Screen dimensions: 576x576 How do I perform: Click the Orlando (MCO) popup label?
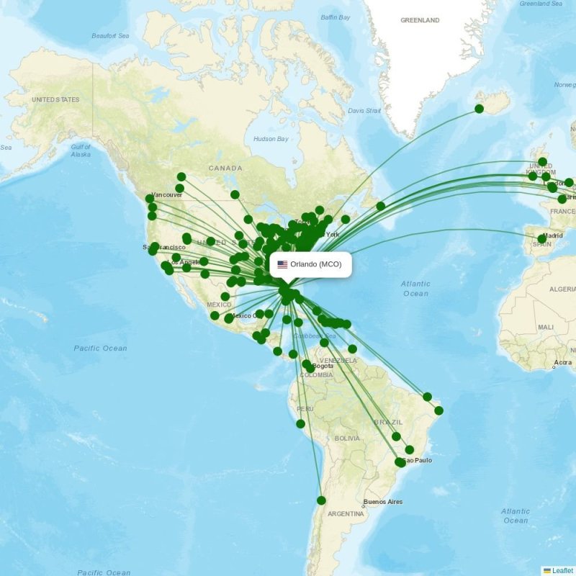pyautogui.click(x=316, y=264)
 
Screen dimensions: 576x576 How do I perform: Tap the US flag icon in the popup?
pyautogui.click(x=282, y=264)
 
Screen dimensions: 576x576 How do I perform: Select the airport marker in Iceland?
pyautogui.click(x=479, y=109)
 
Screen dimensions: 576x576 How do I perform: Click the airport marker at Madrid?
pyautogui.click(x=542, y=238)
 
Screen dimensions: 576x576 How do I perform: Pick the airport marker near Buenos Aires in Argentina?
pyautogui.click(x=321, y=500)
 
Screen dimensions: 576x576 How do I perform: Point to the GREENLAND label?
pyautogui.click(x=420, y=20)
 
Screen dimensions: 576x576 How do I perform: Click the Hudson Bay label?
pyautogui.click(x=271, y=139)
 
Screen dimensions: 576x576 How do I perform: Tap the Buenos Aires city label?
pyautogui.click(x=383, y=502)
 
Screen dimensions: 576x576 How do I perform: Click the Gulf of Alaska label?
pyautogui.click(x=81, y=150)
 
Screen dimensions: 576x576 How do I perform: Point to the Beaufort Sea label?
pyautogui.click(x=109, y=35)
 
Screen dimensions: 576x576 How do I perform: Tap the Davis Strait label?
pyautogui.click(x=364, y=111)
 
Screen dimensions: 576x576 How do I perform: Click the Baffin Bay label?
pyautogui.click(x=335, y=17)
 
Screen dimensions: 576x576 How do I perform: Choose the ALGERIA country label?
pyautogui.click(x=562, y=289)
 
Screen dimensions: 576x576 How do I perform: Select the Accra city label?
pyautogui.click(x=563, y=362)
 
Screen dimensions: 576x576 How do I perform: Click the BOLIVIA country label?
pyautogui.click(x=346, y=438)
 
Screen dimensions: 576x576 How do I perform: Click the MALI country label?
pyautogui.click(x=545, y=327)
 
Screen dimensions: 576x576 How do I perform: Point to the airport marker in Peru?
pyautogui.click(x=300, y=423)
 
